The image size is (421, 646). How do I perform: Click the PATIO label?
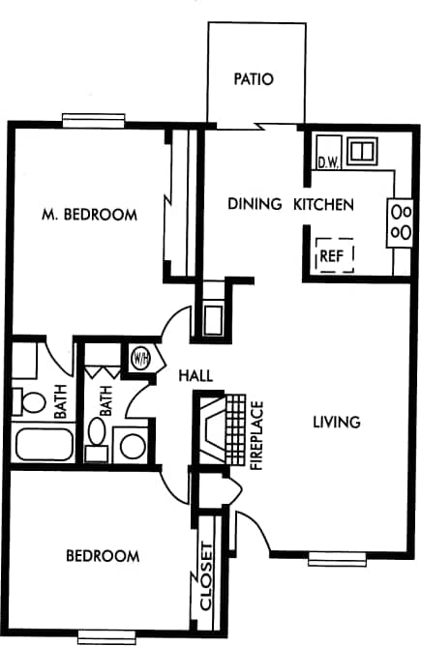coord(254,79)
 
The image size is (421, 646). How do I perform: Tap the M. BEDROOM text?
coord(89,215)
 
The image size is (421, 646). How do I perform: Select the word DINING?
coord(255,204)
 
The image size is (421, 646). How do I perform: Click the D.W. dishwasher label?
coord(326,162)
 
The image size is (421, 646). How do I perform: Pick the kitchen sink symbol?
coord(362,151)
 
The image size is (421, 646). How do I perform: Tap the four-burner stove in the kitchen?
coord(401,221)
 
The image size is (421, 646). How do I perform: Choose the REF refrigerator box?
coord(334,255)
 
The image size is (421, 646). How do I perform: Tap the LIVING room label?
coord(337,422)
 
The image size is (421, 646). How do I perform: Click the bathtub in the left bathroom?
coord(45,445)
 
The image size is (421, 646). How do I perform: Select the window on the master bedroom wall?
coord(94,121)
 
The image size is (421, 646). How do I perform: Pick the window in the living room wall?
coord(337,557)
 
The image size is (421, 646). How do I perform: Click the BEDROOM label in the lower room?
coord(102,556)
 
